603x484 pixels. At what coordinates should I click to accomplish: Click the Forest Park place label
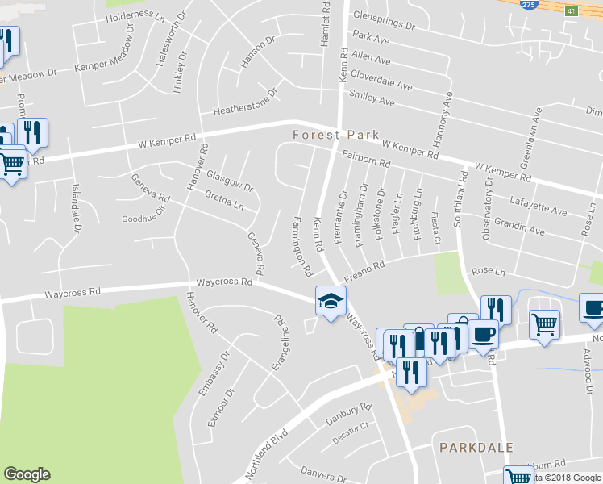point(330,135)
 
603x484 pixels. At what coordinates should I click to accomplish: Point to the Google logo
point(27,474)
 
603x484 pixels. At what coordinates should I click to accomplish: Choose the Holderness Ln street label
point(135,15)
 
